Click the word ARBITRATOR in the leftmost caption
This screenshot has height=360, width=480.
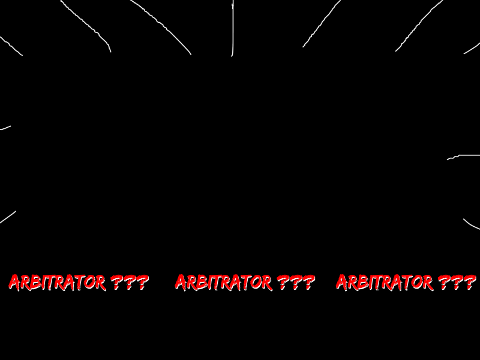(x=57, y=282)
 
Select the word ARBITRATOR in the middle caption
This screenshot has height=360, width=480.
(x=223, y=282)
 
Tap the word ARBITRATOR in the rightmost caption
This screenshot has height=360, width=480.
(x=384, y=282)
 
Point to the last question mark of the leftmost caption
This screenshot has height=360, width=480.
(x=142, y=282)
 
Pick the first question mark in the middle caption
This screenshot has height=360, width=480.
(x=283, y=282)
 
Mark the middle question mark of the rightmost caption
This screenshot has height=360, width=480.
(x=457, y=282)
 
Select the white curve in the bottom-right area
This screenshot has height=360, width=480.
(x=470, y=226)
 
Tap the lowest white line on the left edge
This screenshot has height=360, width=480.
(x=7, y=217)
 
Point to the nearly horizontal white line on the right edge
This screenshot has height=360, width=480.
(x=463, y=156)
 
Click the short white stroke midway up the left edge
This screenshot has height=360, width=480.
(x=5, y=128)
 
